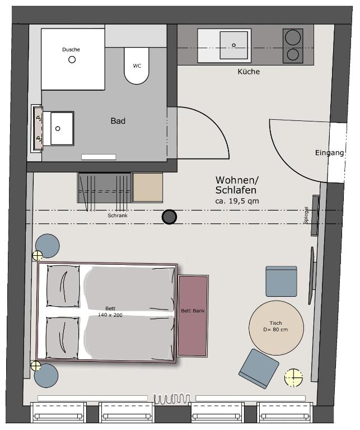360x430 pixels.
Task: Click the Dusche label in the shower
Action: point(71,50)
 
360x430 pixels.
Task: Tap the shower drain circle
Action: point(72,59)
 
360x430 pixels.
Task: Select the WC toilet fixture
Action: point(137,66)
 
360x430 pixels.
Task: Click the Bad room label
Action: point(118,121)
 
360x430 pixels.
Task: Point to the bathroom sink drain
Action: point(58,128)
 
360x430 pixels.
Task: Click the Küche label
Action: point(249,72)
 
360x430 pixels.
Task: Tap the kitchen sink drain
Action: point(233,45)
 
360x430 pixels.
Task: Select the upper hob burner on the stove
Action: point(293,37)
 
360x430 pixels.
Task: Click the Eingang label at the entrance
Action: point(329,153)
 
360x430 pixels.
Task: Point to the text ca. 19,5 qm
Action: point(237,201)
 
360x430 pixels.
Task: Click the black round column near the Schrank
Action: point(169,217)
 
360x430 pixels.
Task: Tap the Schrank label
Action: point(118,216)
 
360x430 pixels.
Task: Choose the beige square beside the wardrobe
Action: point(147,188)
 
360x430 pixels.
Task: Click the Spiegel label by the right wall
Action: point(307,215)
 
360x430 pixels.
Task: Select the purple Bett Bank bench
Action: point(193,316)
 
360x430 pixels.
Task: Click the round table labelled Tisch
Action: point(276,328)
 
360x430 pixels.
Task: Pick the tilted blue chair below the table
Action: point(259,368)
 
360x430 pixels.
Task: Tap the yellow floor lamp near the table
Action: point(293,377)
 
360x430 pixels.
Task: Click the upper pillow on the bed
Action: point(63,286)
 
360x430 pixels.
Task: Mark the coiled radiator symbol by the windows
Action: point(172,399)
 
